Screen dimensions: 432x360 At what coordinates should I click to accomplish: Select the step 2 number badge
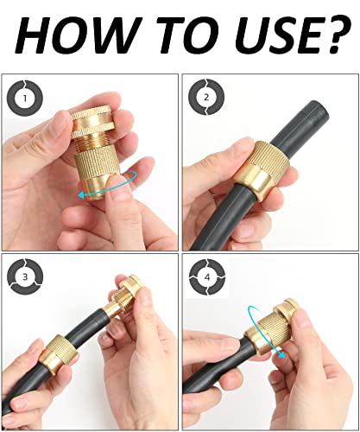point(205,97)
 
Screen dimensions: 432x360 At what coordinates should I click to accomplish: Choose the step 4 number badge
point(205,276)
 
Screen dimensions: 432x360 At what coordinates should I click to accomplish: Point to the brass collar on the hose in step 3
point(57,354)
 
